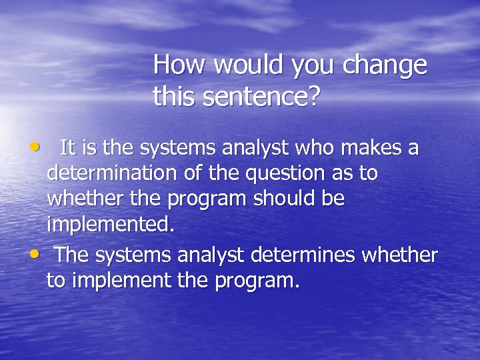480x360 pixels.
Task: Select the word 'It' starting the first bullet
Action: (x=67, y=147)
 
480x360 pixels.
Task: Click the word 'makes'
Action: (x=375, y=147)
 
